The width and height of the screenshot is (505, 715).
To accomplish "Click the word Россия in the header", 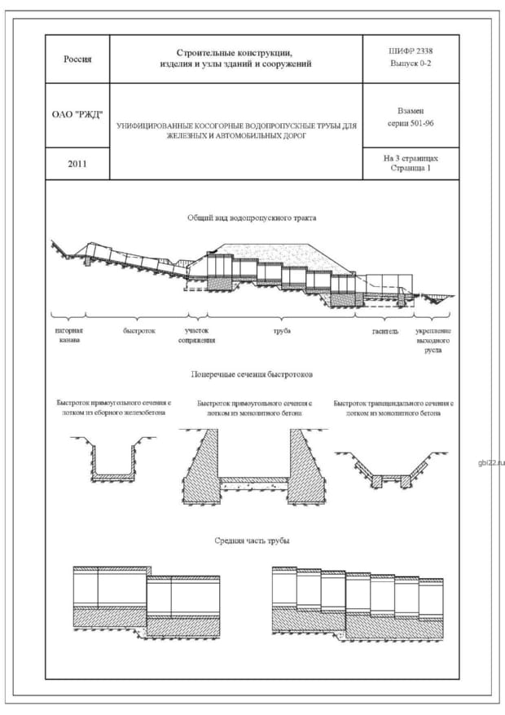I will [x=77, y=59].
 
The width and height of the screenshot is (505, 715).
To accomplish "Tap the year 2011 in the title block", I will [x=77, y=164].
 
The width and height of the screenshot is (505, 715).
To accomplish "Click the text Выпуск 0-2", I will [x=411, y=64].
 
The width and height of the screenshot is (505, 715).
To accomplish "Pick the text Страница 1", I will [x=411, y=169].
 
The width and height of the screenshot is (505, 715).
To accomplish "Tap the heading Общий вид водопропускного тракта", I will [x=252, y=218].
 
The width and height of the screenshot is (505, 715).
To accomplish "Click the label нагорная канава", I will [x=68, y=335].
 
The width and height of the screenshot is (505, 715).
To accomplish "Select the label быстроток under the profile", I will [x=138, y=331].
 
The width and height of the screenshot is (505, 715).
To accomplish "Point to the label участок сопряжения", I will [x=197, y=335].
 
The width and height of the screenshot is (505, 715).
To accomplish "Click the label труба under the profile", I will [x=282, y=331].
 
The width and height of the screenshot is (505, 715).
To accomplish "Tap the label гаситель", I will [x=385, y=331].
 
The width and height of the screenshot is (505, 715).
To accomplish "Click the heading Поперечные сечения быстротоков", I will [x=252, y=374].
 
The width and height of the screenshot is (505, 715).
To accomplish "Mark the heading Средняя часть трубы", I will [x=252, y=541].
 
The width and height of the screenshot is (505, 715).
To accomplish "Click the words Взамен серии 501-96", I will [x=411, y=115].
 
